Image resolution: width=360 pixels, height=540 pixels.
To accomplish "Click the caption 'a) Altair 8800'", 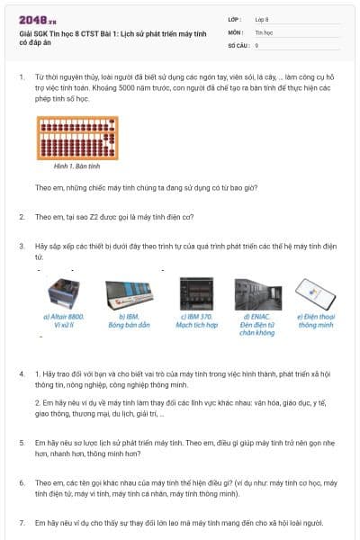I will pos(63,317).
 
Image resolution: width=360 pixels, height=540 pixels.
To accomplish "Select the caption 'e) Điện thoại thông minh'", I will pos(316,321).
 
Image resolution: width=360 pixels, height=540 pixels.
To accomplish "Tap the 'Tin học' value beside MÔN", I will pos(263,31).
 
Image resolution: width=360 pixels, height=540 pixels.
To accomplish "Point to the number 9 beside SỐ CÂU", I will pos(256,44).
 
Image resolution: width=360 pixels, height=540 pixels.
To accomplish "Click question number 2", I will pos(22,217).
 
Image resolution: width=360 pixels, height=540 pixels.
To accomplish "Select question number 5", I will pos(22,444).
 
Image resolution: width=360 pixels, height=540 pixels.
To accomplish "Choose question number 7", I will pos(22,523).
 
